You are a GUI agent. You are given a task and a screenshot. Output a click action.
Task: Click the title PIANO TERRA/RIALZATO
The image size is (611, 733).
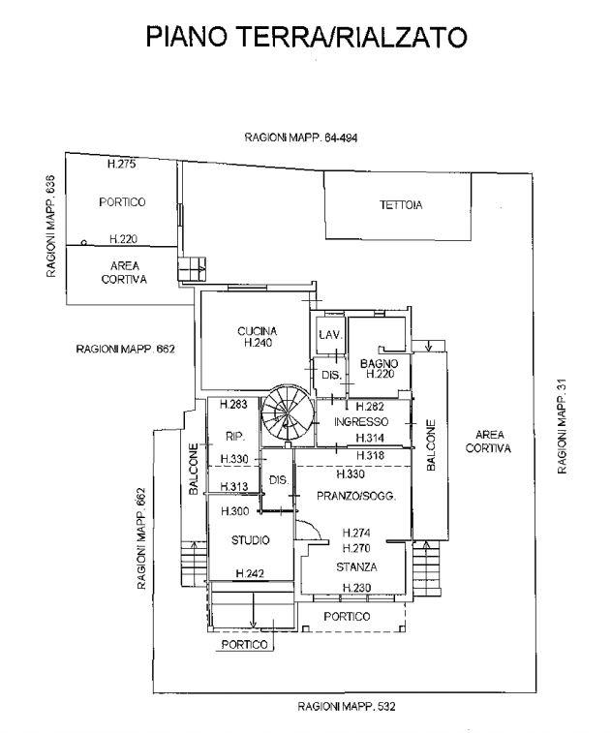[307, 37]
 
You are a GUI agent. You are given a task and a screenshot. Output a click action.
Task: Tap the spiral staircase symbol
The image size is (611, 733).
[288, 412]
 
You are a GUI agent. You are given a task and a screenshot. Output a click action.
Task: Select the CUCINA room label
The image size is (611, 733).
[258, 331]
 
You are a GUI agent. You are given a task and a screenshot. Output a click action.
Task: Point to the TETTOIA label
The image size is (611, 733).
[401, 204]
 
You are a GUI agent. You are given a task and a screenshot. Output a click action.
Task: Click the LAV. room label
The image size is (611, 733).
[331, 335]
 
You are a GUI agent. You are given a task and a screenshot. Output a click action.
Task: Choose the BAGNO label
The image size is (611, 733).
[380, 363]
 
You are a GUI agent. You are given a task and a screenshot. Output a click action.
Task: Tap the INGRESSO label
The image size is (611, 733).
[361, 421]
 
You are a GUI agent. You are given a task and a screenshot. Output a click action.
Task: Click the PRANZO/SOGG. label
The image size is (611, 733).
[356, 496]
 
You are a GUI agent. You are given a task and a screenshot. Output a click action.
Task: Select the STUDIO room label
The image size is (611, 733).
[251, 540]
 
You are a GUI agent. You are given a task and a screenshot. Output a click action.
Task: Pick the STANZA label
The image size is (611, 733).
[356, 566]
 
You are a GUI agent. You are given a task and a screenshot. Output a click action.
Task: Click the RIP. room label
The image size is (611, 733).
[235, 436]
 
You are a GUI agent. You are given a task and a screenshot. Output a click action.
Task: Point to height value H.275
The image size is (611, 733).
[122, 164]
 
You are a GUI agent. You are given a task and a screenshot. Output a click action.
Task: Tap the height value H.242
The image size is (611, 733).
[250, 573]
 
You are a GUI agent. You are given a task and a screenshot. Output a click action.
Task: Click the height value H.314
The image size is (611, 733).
[370, 438]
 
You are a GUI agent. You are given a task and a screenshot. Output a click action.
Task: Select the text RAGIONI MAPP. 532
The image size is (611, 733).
[347, 706]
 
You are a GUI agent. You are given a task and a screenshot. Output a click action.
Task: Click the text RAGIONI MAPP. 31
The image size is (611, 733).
[562, 426]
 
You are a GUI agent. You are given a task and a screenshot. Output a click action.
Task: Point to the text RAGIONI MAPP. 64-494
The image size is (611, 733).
[301, 137]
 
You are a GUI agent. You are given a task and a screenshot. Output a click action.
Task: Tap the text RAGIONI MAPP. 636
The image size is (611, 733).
[50, 226]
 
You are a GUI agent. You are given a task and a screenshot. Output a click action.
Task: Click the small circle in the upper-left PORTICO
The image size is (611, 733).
[83, 243]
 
